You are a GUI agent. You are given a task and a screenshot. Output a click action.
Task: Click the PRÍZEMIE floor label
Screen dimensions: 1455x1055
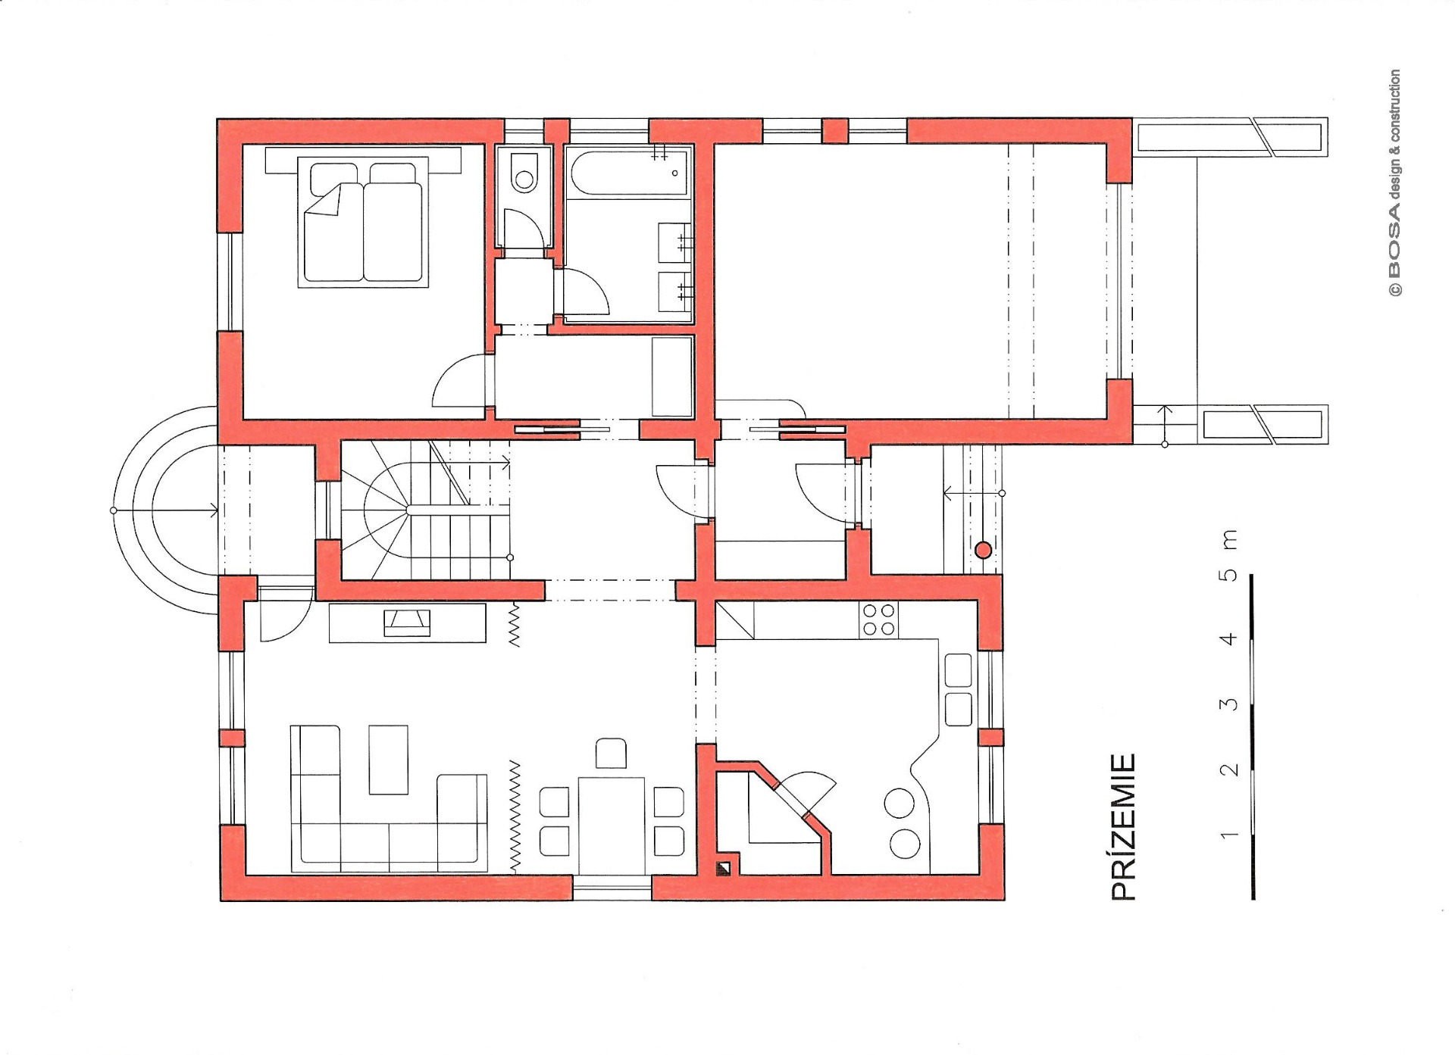pyautogui.click(x=1124, y=827)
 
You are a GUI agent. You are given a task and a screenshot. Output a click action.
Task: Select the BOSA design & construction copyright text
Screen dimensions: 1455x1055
pyautogui.click(x=1394, y=183)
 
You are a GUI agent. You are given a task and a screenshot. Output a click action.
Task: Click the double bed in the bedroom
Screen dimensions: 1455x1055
pyautogui.click(x=364, y=221)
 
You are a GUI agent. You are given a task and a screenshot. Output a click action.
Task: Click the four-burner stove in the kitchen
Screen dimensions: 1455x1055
pyautogui.click(x=878, y=619)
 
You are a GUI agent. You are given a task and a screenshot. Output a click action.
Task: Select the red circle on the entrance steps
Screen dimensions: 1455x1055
pyautogui.click(x=983, y=551)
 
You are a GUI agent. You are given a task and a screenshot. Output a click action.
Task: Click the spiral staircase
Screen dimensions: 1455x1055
pyautogui.click(x=425, y=510)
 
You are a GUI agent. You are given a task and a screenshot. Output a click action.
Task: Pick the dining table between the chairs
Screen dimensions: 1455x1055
pyautogui.click(x=611, y=824)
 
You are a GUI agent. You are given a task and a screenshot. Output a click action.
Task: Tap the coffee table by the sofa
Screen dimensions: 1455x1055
pyautogui.click(x=388, y=760)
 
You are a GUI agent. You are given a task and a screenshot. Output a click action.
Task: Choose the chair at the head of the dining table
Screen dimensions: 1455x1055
pyautogui.click(x=611, y=754)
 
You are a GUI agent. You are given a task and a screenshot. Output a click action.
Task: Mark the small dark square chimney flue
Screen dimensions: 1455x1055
pyautogui.click(x=724, y=868)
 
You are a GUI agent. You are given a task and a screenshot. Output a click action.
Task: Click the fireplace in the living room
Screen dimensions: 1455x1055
pyautogui.click(x=408, y=623)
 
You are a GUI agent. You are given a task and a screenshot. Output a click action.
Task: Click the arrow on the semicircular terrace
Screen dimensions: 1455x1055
pyautogui.click(x=166, y=510)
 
